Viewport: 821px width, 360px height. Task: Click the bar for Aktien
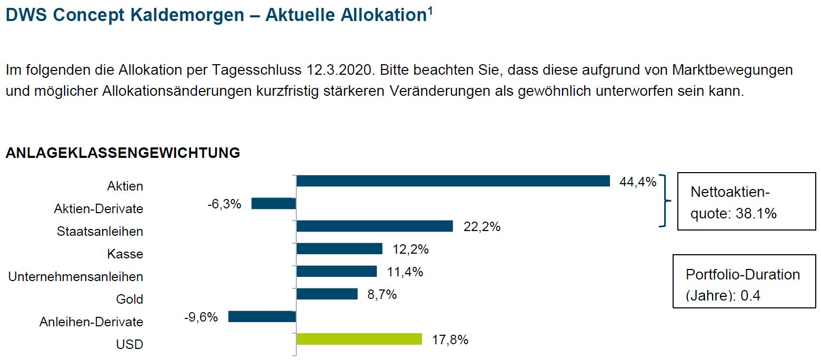coord(453,181)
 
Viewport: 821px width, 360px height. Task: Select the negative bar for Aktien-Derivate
coord(274,204)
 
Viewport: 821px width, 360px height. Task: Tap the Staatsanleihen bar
coord(375,226)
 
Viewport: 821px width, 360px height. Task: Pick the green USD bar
coord(359,339)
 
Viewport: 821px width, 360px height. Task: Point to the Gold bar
coord(327,294)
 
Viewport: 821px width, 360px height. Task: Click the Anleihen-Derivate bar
coord(262,316)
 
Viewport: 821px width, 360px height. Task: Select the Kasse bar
coord(339,249)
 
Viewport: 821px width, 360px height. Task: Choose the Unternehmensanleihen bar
coord(337,271)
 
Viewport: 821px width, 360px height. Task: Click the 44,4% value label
coord(637,183)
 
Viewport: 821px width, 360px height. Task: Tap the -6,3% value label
coord(225,204)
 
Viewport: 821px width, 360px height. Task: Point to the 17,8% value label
coord(450,340)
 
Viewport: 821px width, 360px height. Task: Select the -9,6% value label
coord(201,317)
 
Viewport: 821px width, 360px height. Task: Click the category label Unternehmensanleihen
coord(76,277)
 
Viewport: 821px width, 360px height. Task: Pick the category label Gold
coord(129,299)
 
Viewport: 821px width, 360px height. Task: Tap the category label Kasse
coord(125,254)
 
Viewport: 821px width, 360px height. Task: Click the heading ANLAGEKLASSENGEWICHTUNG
coord(123,153)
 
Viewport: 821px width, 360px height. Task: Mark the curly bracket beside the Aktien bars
coord(666,201)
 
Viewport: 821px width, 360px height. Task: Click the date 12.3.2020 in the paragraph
coord(339,70)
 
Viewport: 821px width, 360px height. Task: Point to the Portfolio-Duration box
coord(744,281)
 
